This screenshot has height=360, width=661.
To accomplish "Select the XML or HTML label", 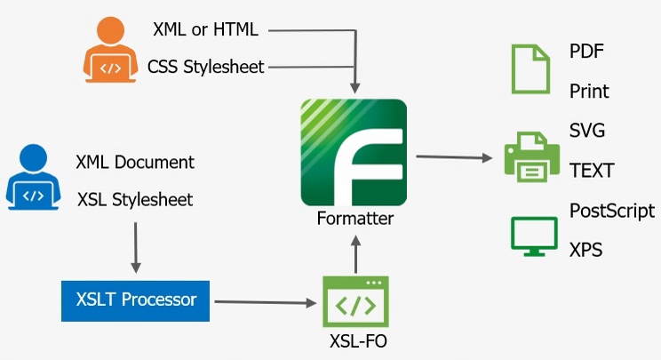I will [204, 29].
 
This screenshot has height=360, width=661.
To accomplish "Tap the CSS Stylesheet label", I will [206, 67].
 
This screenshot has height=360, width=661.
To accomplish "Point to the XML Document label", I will [135, 162].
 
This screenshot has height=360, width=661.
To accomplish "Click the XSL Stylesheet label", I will [135, 198].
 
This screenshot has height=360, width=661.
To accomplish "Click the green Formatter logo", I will [354, 153].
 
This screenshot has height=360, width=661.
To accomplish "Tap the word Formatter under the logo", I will [354, 218].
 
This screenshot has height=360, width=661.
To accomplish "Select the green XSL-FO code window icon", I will [354, 301].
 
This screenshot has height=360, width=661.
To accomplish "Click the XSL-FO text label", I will [354, 340].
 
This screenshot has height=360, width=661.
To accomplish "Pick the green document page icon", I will [530, 69].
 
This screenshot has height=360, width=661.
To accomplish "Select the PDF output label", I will [586, 51].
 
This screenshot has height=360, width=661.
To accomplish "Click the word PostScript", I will [611, 211].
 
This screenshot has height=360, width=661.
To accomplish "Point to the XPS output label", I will [585, 250].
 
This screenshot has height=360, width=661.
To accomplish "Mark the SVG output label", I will [587, 131].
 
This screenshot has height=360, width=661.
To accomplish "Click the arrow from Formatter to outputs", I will [454, 157].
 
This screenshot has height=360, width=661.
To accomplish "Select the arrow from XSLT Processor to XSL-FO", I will [267, 302].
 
